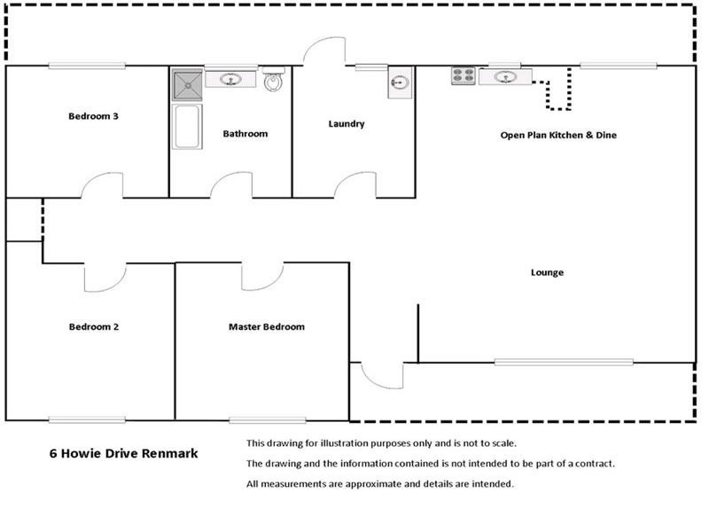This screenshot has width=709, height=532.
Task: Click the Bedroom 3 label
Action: click(93, 116)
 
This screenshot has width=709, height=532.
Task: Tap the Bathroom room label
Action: click(245, 134)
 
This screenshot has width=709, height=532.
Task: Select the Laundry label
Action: click(347, 124)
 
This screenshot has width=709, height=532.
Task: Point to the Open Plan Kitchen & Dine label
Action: click(558, 136)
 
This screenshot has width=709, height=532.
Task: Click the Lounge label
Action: click(547, 273)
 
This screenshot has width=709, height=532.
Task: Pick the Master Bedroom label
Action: click(267, 326)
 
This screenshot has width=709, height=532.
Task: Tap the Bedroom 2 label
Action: click(94, 326)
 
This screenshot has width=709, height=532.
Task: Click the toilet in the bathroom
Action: click(274, 79)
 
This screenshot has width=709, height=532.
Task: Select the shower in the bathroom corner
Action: click(187, 84)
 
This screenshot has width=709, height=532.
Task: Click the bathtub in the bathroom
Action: click(187, 127)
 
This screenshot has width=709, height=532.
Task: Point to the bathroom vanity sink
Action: click(230, 80)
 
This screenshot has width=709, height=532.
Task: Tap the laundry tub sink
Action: click(401, 82)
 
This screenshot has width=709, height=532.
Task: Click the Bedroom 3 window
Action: click(87, 66)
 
